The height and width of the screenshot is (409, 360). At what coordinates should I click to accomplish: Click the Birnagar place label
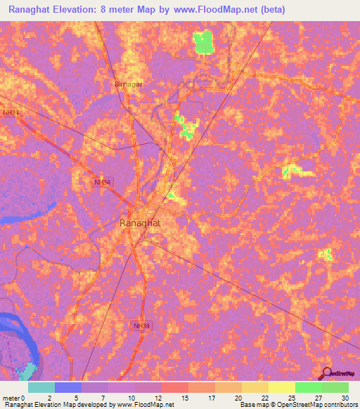click(x=128, y=84)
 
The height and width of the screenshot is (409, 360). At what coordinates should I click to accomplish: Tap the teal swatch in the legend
click(x=41, y=387)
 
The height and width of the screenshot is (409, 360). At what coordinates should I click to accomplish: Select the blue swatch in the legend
click(x=68, y=387)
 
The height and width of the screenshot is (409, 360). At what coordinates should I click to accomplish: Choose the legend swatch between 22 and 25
click(x=282, y=387)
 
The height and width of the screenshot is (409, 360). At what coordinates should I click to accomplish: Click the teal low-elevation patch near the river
click(x=27, y=370)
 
